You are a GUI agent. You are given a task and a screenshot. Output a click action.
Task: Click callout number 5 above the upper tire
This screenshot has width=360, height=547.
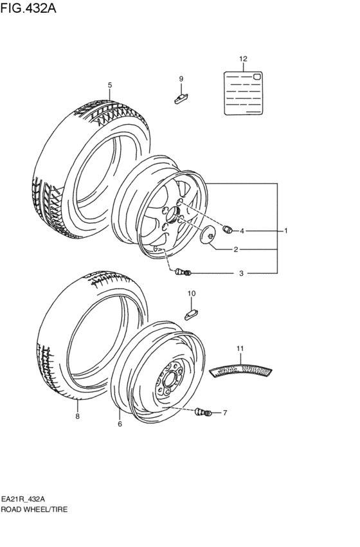110,85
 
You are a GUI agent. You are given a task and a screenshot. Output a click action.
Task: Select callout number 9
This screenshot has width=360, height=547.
181,78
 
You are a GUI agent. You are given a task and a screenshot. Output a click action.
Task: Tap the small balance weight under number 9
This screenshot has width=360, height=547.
181,98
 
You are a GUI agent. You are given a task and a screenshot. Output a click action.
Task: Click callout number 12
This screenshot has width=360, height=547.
243,59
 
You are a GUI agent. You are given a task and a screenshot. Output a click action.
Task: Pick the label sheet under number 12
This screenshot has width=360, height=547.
243,93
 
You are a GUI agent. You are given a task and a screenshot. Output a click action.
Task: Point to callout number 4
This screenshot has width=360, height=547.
242,231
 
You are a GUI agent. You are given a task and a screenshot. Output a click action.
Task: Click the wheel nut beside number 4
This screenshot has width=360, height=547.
226,229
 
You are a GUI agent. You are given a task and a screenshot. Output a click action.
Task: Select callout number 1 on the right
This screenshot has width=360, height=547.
286,230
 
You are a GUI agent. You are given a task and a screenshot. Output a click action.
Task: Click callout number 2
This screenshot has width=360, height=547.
236,249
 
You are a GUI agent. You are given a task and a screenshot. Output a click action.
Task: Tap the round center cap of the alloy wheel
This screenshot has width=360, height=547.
209,235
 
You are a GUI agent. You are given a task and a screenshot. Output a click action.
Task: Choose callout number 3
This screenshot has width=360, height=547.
241,274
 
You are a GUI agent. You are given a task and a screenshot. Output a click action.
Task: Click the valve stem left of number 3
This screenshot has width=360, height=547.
181,273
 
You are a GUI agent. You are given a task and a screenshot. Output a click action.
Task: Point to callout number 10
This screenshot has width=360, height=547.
191,294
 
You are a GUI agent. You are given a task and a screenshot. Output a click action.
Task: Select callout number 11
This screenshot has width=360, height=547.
240,348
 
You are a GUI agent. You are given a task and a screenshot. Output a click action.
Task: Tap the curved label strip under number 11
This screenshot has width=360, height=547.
242,371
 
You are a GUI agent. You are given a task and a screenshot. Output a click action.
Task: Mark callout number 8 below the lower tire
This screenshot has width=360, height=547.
77,417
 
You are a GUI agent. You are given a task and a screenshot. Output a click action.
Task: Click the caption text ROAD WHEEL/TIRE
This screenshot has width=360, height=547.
33,508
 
